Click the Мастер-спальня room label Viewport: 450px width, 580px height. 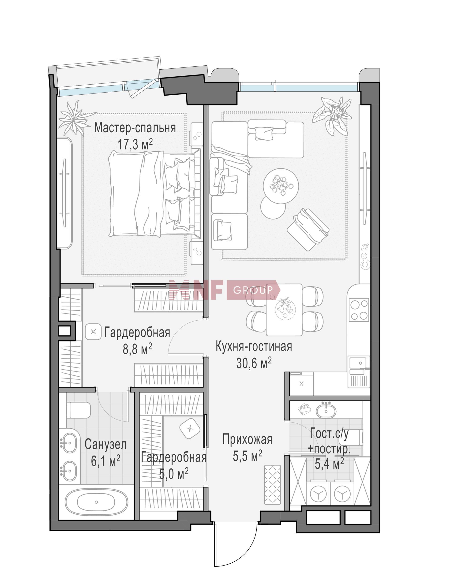pos(135,128)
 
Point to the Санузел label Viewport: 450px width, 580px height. pos(105,445)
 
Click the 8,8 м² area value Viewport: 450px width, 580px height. pos(137,348)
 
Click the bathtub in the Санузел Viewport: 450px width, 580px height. pos(96,502)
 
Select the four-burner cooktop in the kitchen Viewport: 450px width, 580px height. pos(359,310)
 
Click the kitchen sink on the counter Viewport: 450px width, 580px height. pos(358,363)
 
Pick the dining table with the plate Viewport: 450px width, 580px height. pos(284,310)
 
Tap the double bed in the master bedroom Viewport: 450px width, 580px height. pos(155,193)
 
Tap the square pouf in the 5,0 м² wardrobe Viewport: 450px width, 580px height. pos(189,429)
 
